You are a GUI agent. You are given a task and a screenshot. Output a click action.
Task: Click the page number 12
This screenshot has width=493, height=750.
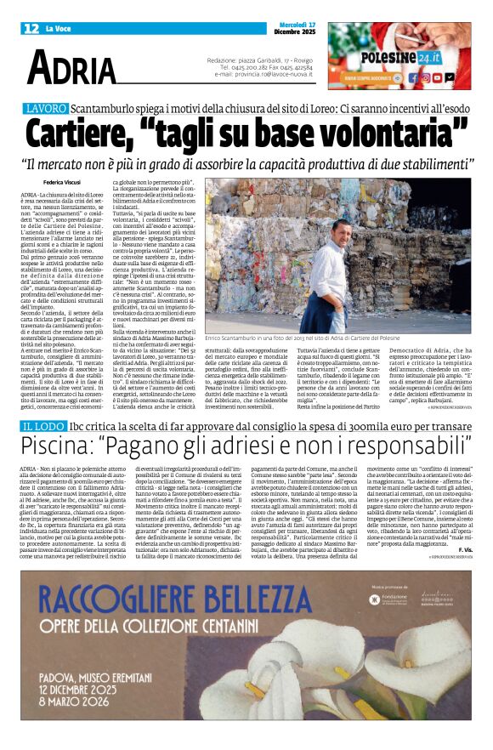point(31,29)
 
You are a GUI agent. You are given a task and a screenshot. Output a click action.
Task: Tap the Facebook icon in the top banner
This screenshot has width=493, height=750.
point(413,77)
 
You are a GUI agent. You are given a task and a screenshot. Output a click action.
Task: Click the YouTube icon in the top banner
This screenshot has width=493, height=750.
point(438,77)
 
